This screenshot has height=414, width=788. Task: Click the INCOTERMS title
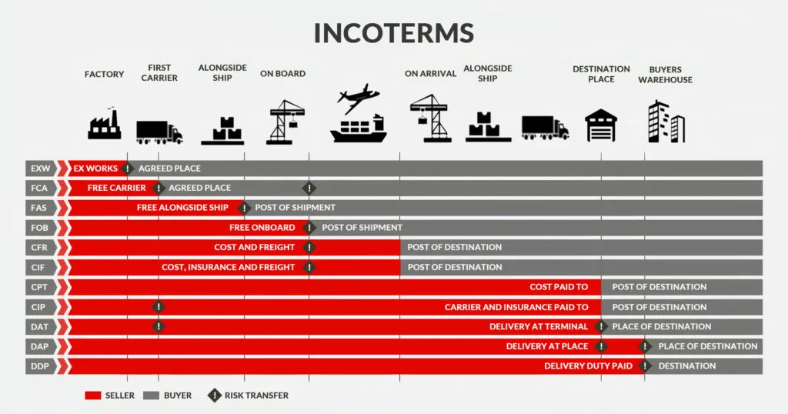pyautogui.click(x=393, y=32)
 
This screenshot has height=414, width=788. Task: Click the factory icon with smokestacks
pyautogui.click(x=105, y=124)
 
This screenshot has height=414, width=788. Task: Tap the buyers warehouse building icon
pyautogui.click(x=665, y=122)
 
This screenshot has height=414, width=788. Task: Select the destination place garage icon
pyautogui.click(x=601, y=125)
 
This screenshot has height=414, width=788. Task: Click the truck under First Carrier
pyautogui.click(x=159, y=132)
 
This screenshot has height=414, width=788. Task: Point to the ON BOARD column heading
pyautogui.click(x=282, y=74)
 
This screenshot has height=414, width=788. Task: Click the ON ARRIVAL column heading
pyautogui.click(x=430, y=74)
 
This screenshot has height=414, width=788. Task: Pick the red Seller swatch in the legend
pyautogui.click(x=92, y=396)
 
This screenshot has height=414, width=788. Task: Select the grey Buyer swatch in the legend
pyautogui.click(x=152, y=396)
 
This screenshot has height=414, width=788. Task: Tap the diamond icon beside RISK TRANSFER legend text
pyautogui.click(x=213, y=396)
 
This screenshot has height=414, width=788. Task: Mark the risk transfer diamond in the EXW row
pyautogui.click(x=128, y=168)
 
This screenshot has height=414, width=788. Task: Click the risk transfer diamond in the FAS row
pyautogui.click(x=245, y=208)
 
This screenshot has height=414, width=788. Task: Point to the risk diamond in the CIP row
pyautogui.click(x=159, y=307)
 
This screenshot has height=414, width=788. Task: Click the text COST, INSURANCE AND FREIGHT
pyautogui.click(x=228, y=267)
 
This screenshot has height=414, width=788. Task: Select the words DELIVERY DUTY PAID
pyautogui.click(x=588, y=366)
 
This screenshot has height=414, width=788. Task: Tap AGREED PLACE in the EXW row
pyautogui.click(x=169, y=169)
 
